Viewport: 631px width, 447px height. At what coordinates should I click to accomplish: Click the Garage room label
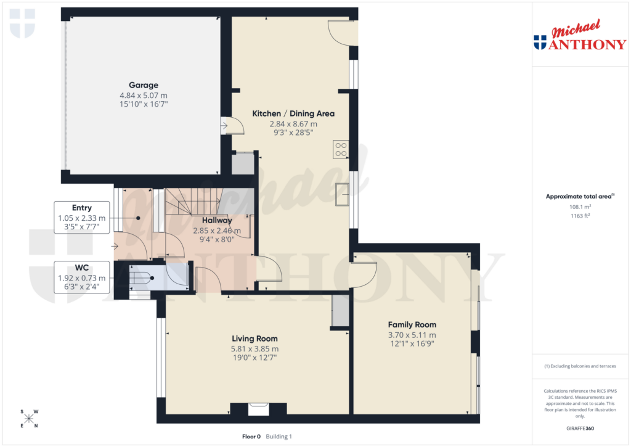pyautogui.click(x=143, y=85)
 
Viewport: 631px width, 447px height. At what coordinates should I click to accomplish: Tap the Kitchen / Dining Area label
pyautogui.click(x=293, y=113)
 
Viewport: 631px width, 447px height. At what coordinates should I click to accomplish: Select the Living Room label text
pyautogui.click(x=254, y=338)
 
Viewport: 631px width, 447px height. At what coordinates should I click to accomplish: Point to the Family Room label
pyautogui.click(x=412, y=324)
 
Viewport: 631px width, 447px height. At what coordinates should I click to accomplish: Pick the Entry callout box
pyautogui.click(x=82, y=218)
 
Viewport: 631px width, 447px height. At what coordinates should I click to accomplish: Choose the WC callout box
pyautogui.click(x=82, y=277)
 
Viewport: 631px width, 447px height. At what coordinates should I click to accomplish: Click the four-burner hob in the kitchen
pyautogui.click(x=341, y=149)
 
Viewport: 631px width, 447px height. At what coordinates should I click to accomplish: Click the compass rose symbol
pyautogui.click(x=29, y=419)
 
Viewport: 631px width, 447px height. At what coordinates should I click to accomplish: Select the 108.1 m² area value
pyautogui.click(x=579, y=207)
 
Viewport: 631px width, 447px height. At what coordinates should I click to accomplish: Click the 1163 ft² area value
pyautogui.click(x=579, y=216)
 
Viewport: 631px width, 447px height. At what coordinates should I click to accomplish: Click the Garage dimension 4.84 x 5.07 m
pyautogui.click(x=143, y=96)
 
